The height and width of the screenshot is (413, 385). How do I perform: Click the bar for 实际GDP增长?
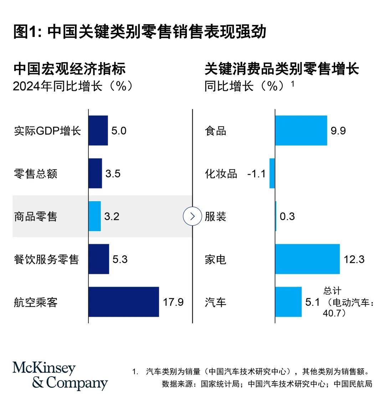pos(98,131)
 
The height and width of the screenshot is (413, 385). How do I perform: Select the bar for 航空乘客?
pos(124,302)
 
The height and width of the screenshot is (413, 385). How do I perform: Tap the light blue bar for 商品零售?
pos(94,216)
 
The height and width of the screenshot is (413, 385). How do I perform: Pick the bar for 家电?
pos(307,259)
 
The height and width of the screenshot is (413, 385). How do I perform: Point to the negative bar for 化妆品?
pos(272,173)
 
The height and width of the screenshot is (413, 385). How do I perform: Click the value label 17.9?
pos(173,302)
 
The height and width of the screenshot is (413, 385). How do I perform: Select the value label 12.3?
pos(354,259)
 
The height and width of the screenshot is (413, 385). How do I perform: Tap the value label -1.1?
pos(256,174)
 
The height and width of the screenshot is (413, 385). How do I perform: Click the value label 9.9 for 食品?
pos(338,131)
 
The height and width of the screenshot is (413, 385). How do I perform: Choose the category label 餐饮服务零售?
pos(46,259)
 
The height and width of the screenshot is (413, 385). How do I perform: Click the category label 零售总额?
pos(35,174)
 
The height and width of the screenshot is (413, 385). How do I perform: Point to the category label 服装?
pos(215,216)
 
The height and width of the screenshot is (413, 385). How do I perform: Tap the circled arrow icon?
pos(192,216)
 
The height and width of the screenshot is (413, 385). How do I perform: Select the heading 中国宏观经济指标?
pos(70,69)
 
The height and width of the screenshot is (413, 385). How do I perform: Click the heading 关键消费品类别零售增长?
pos(282,69)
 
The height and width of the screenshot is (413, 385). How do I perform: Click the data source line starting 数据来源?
pos(267,384)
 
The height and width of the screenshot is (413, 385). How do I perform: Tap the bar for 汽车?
pos(288,302)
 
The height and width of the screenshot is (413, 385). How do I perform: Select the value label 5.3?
pos(120,259)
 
